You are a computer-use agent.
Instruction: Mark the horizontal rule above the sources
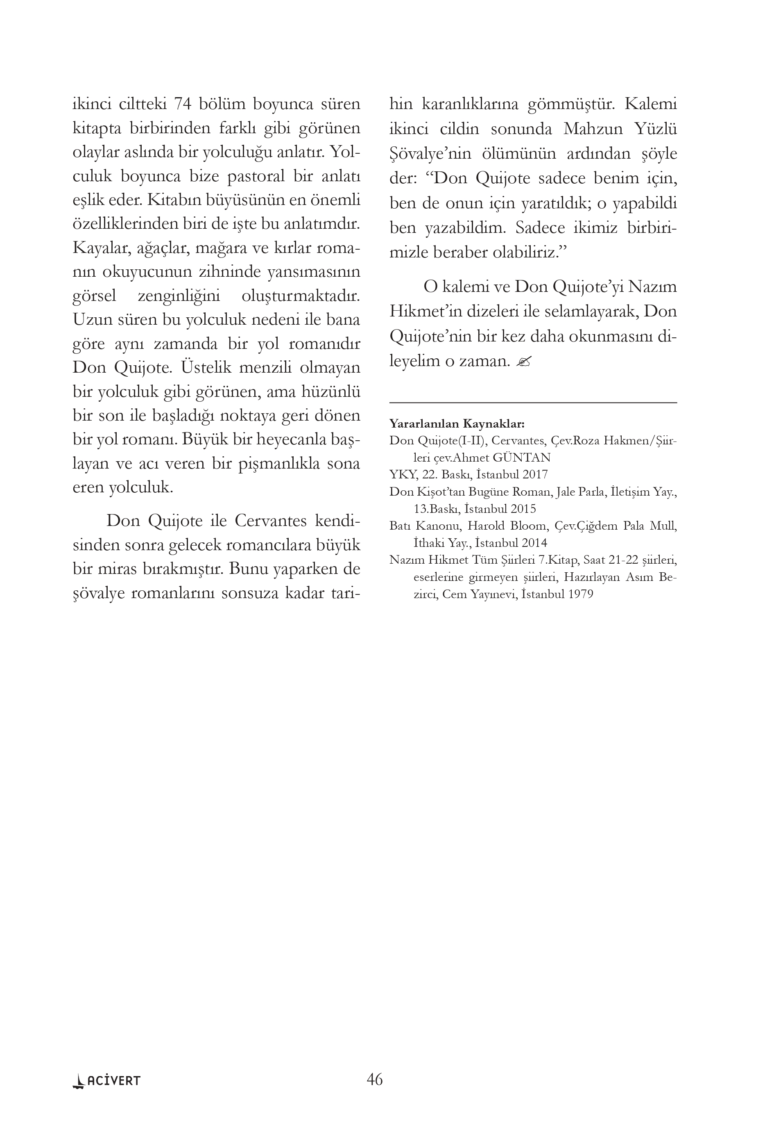tap(533, 403)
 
